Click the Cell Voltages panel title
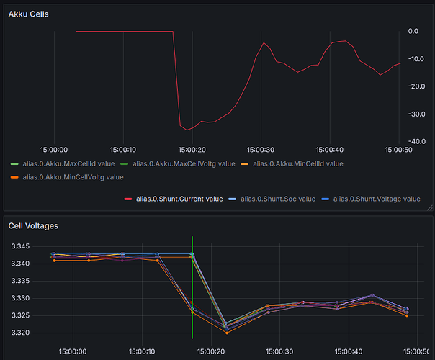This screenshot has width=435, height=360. pyautogui.click(x=33, y=225)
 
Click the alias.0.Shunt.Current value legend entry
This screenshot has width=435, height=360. pyautogui.click(x=179, y=199)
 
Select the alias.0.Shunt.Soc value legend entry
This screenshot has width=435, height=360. pyautogui.click(x=277, y=199)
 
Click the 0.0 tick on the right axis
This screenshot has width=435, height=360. pyautogui.click(x=413, y=31)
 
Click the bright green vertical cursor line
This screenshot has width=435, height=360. pyautogui.click(x=192, y=288)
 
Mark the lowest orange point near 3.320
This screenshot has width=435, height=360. pyautogui.click(x=227, y=333)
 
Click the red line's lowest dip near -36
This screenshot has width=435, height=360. pyautogui.click(x=187, y=130)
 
